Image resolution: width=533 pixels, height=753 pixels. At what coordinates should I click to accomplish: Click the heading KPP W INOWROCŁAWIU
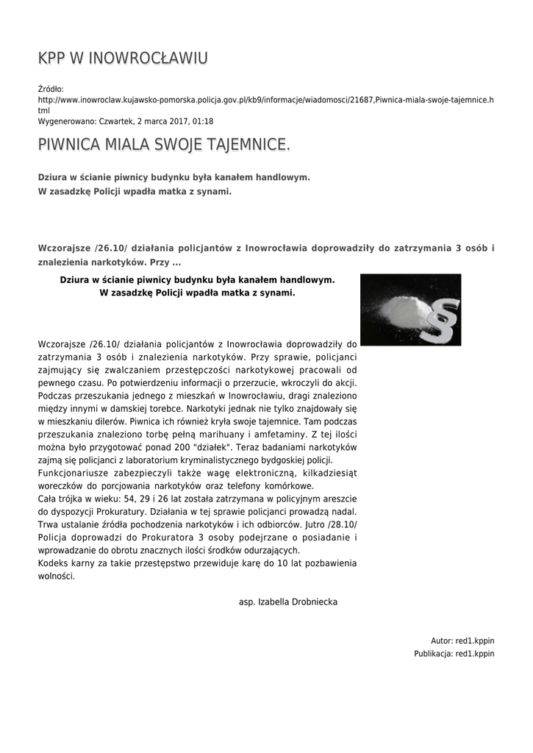(x=123, y=58)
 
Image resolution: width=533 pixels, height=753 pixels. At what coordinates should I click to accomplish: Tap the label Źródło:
(x=51, y=89)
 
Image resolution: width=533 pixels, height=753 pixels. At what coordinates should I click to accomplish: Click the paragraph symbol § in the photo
(x=442, y=318)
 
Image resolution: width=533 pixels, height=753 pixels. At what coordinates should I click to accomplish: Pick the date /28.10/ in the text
(x=340, y=524)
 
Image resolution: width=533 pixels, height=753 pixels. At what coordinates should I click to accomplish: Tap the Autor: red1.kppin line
(x=462, y=640)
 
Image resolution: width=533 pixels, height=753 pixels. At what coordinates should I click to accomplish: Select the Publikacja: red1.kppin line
(x=454, y=653)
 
